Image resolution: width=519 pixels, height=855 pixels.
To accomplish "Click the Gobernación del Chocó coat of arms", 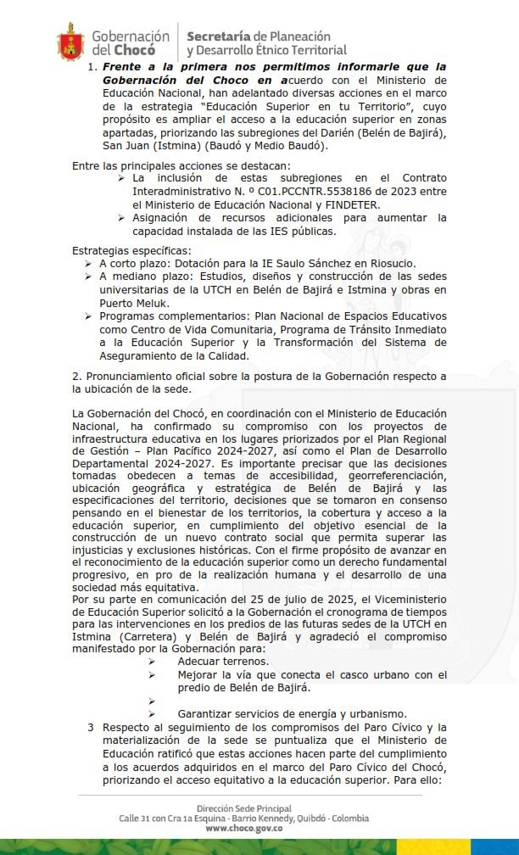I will tap(70, 42).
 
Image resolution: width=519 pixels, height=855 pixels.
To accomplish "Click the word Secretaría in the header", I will tap(218, 36).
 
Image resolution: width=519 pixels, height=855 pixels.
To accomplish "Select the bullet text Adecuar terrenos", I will tap(223, 662).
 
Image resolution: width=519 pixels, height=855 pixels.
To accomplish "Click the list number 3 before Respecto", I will tap(91, 728).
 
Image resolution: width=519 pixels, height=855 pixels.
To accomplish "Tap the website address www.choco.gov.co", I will tap(243, 828).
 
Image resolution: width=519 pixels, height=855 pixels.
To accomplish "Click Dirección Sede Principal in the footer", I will tap(243, 808).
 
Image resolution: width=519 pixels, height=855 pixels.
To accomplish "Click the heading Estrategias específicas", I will tap(131, 251).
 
